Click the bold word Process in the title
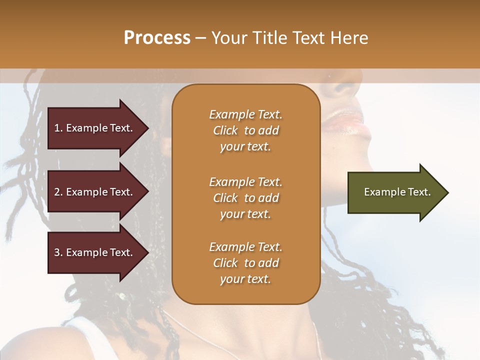click(157, 38)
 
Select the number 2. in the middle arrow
click(58, 192)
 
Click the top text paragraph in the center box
click(245, 130)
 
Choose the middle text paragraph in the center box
click(245, 198)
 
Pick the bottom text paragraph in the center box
click(245, 263)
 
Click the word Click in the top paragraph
click(225, 130)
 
